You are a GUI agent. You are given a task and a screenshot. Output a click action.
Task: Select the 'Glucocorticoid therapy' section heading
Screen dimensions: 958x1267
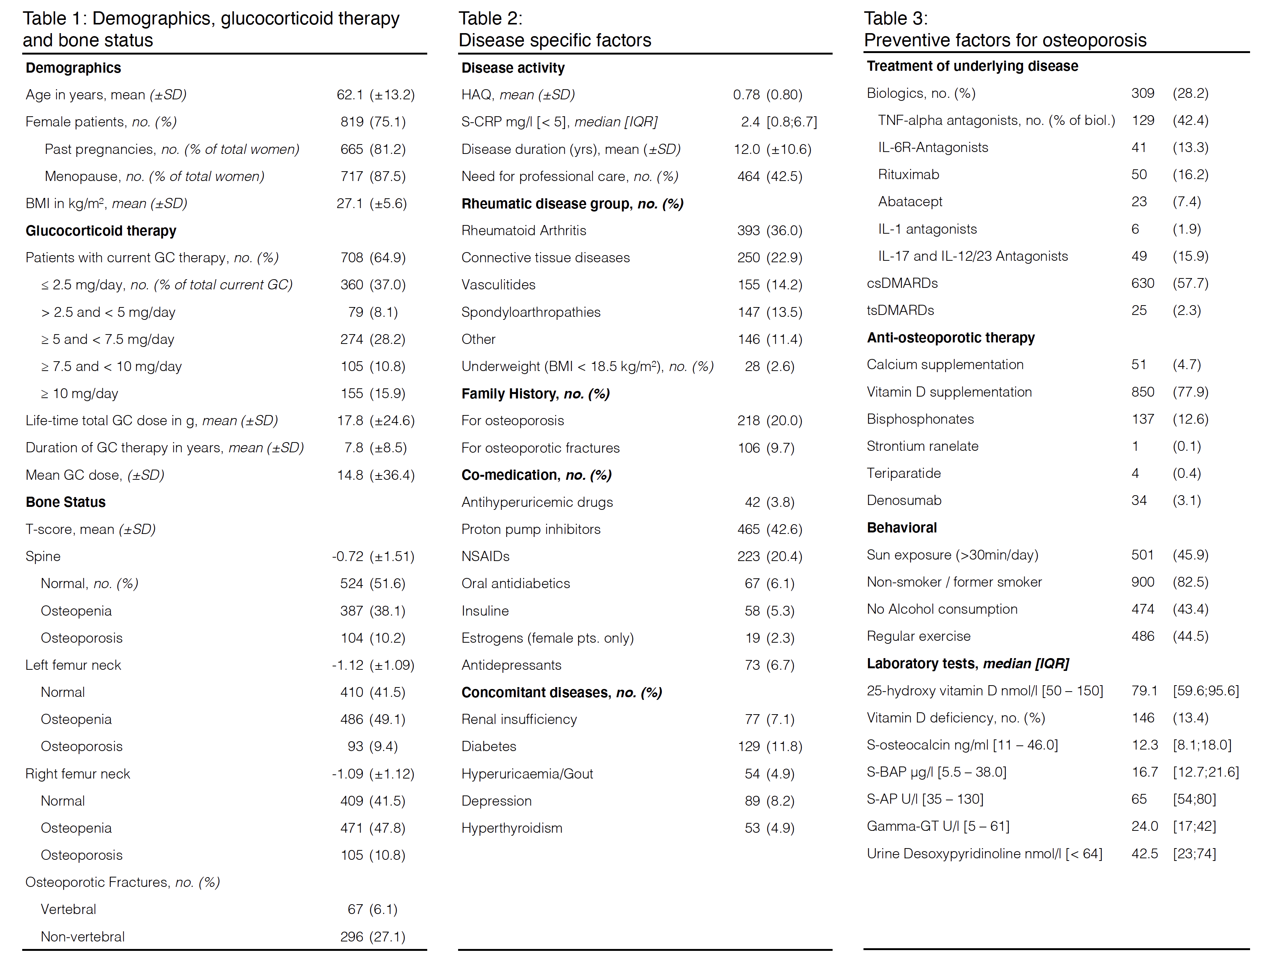[x=101, y=231]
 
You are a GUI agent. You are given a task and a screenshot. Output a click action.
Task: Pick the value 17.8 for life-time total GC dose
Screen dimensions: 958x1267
[x=349, y=421]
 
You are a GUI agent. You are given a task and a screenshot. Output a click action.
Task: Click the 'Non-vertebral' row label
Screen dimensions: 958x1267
[x=82, y=937]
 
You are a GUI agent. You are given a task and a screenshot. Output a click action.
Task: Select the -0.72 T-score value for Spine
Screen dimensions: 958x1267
[x=347, y=557]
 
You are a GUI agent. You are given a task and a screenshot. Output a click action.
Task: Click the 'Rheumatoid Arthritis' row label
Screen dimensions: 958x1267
[x=524, y=231]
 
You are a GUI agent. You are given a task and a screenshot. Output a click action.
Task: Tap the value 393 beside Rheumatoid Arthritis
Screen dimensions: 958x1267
[x=748, y=231]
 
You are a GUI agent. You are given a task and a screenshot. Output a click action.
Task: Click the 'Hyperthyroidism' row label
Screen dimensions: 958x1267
[x=512, y=828]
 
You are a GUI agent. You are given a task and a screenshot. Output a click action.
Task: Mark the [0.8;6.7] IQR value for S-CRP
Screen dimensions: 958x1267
[x=792, y=122]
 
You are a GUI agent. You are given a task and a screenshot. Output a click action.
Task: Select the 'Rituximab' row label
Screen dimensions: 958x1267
[x=908, y=175]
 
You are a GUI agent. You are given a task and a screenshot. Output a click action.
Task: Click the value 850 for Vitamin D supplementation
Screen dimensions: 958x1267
[x=1142, y=392]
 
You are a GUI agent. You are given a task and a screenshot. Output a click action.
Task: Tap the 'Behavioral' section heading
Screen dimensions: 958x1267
[x=902, y=528]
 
